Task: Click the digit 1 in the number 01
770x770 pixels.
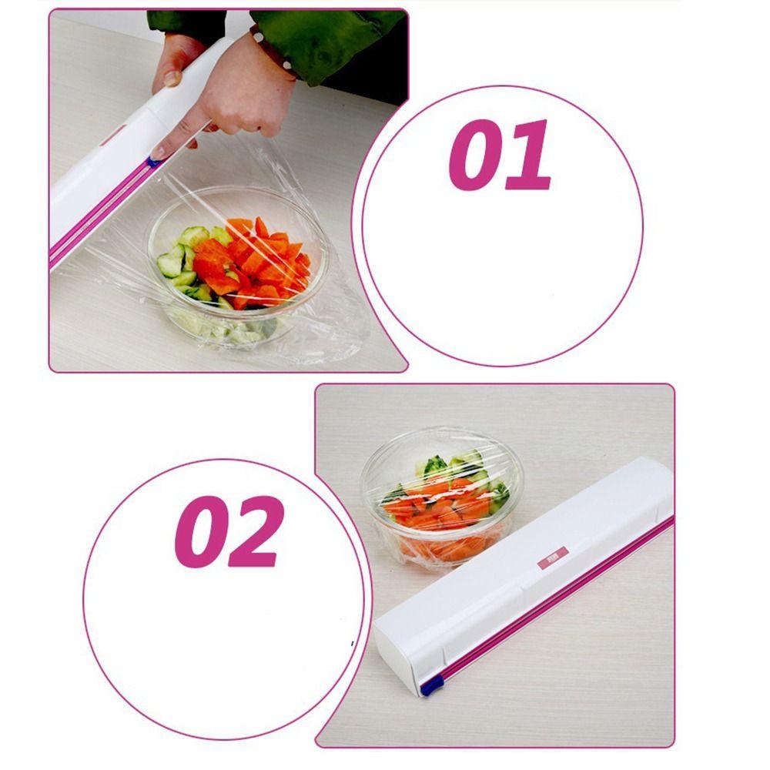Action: (x=530, y=156)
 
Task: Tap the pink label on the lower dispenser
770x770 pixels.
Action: (x=551, y=557)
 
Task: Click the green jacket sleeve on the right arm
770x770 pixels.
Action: (x=339, y=38)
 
